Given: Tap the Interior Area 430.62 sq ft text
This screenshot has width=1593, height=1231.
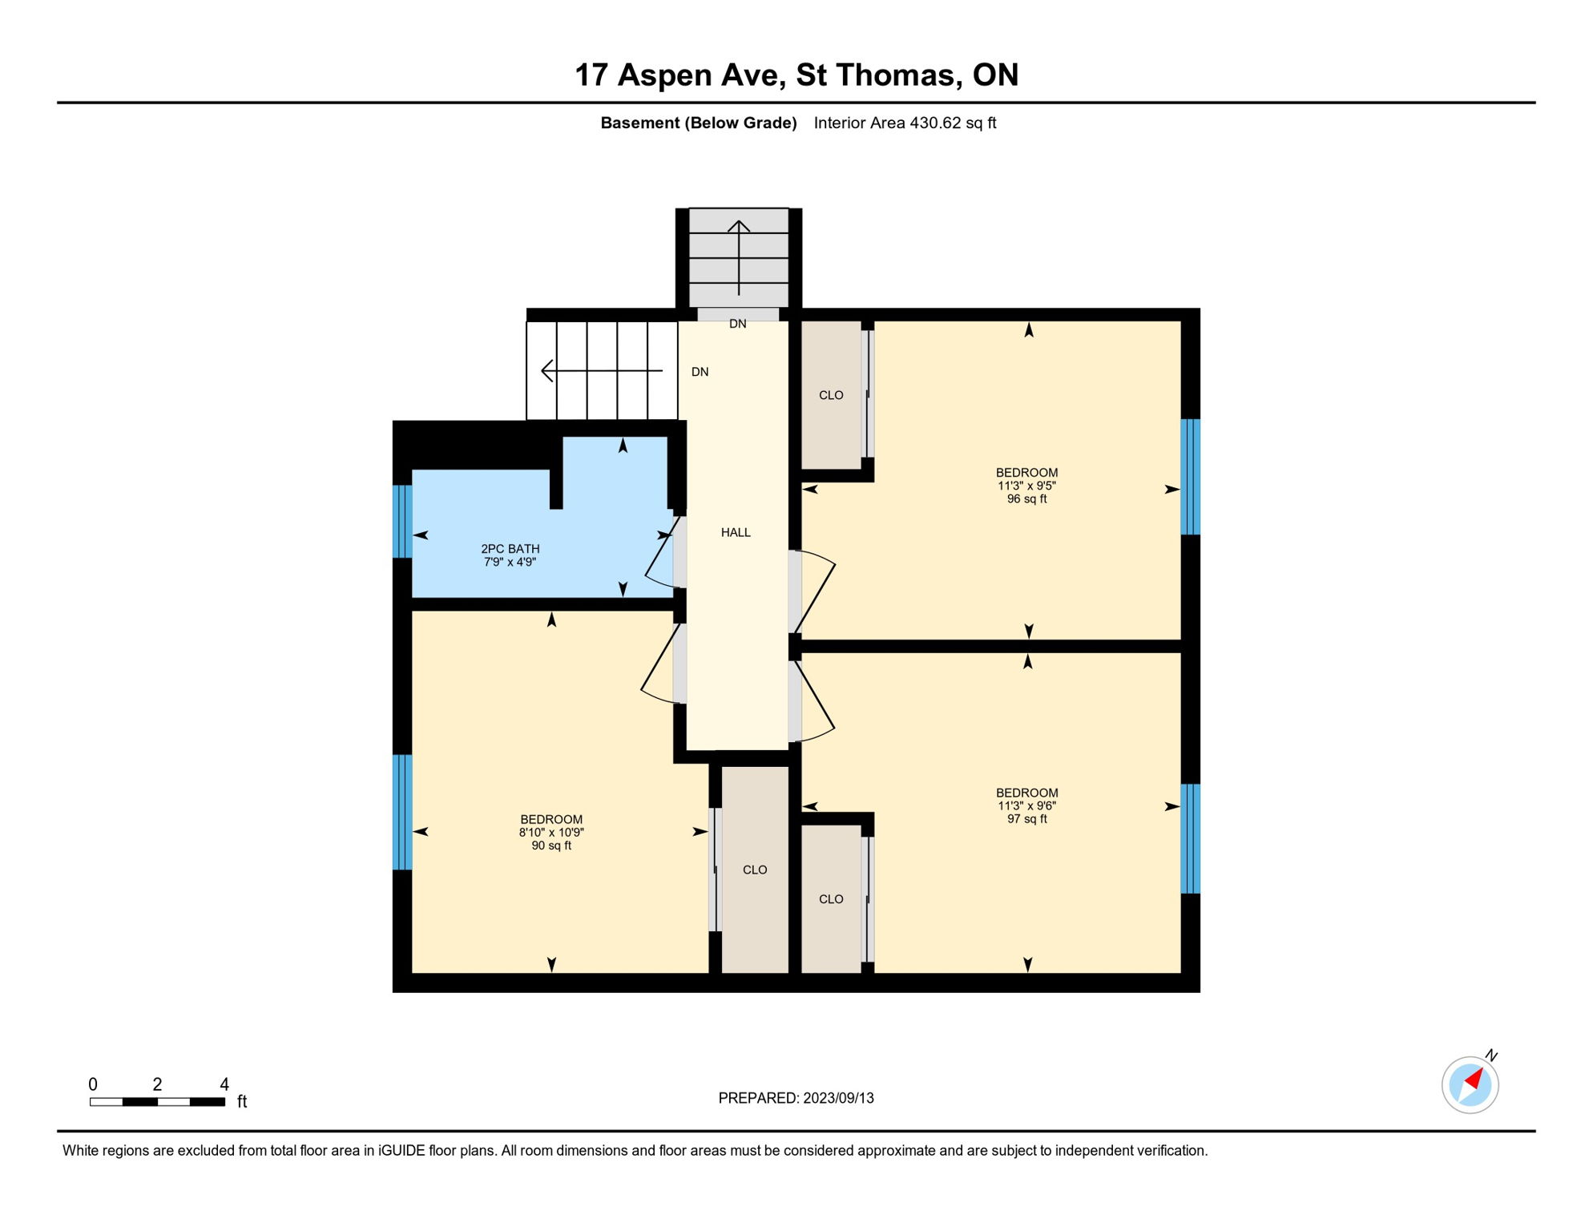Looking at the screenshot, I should (x=905, y=123).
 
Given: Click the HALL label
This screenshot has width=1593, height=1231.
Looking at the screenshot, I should (x=736, y=533).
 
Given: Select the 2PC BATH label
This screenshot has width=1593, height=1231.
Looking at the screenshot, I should (x=510, y=549).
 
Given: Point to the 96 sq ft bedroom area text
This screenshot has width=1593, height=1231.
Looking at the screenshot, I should (x=1026, y=499).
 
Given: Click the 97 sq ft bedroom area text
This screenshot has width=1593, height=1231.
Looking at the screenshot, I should (x=1026, y=819).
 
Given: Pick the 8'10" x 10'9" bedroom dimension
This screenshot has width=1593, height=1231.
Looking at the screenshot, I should (x=551, y=833).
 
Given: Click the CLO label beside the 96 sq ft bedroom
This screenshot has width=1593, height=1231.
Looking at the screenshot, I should (x=831, y=395).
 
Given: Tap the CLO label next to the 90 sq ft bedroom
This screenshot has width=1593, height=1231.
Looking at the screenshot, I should (x=755, y=870).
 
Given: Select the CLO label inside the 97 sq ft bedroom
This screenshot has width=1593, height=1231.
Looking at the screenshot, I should (x=831, y=899).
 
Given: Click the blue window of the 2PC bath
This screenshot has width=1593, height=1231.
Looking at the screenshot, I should (x=403, y=521).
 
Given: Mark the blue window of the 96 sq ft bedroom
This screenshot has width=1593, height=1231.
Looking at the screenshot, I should (x=1191, y=477).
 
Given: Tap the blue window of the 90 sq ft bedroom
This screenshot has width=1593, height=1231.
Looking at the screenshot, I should (x=403, y=812).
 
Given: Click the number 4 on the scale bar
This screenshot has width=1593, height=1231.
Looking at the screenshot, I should (x=224, y=1084).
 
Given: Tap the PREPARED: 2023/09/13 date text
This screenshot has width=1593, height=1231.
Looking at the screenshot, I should (x=796, y=1098).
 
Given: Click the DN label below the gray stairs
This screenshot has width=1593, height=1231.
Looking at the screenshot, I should (x=737, y=325).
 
